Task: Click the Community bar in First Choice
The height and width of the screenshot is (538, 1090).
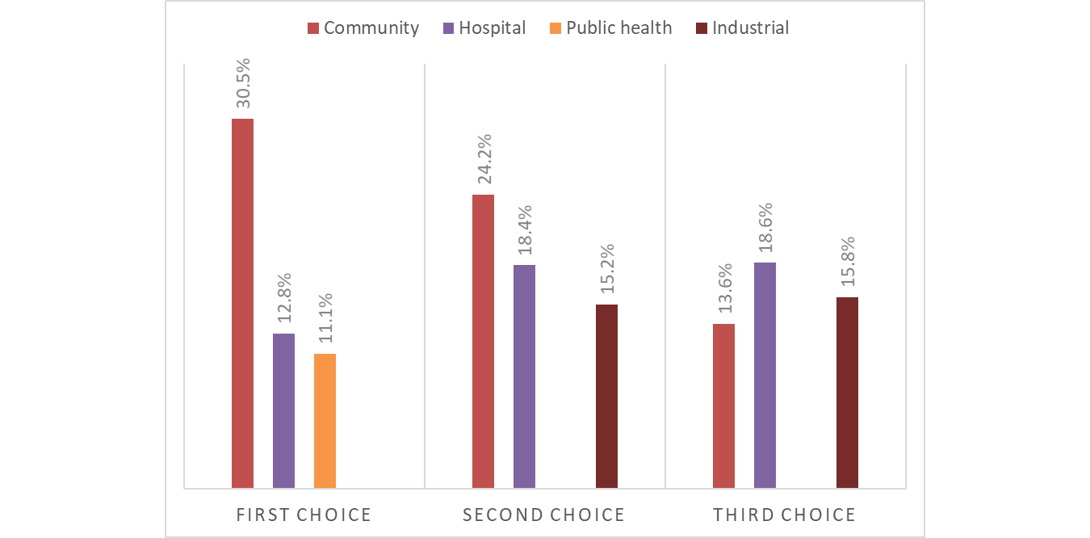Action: pos(242,303)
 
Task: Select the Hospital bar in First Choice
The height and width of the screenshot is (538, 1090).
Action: pos(283,410)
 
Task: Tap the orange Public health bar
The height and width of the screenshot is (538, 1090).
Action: pos(325,420)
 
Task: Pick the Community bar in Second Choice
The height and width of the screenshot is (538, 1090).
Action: pos(483,341)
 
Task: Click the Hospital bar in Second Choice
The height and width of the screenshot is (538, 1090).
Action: pos(524,376)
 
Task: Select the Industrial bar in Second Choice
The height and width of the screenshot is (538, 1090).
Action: pos(606,396)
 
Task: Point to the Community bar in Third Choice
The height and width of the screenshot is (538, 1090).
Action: pos(723,406)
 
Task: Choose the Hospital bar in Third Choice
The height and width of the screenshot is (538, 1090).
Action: pos(765,375)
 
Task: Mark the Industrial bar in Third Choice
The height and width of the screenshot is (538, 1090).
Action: pos(847,392)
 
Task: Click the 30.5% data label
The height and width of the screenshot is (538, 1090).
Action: pos(243,83)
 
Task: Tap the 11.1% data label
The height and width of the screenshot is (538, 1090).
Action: pos(325,319)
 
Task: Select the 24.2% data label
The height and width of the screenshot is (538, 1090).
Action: pos(484,160)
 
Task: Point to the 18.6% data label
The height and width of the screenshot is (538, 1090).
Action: pos(765,228)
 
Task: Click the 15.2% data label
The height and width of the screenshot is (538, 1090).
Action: pos(607,270)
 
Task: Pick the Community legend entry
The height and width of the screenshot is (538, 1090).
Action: pos(363,28)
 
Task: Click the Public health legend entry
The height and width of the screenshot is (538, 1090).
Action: pos(610,28)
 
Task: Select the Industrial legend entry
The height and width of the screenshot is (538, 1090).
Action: pos(742,28)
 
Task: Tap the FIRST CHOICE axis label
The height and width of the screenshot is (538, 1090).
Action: pos(304,515)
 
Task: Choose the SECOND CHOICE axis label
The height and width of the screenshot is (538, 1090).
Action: pos(543,515)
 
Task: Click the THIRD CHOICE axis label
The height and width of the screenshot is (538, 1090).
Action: pos(784,515)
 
